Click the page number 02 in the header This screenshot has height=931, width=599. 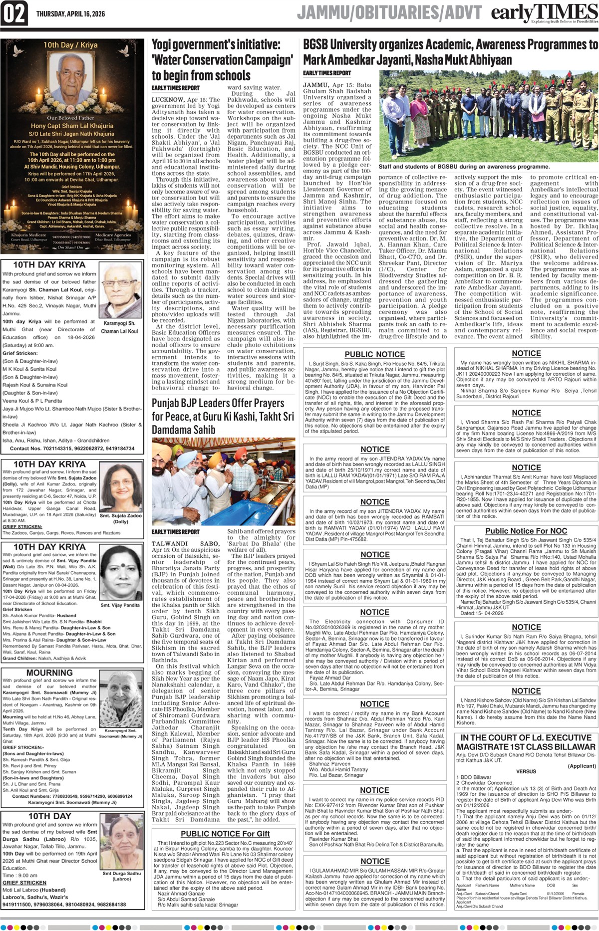pyautogui.click(x=14, y=13)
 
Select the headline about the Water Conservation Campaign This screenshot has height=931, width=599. pyautogui.click(x=222, y=60)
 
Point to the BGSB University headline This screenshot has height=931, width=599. pyautogui.click(x=450, y=52)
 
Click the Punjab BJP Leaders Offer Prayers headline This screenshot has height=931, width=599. pyautogui.click(x=223, y=416)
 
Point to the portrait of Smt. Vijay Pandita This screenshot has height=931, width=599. pyautogui.click(x=120, y=573)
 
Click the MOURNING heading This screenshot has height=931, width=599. pyautogui.click(x=49, y=673)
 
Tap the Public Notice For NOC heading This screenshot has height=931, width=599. pyautogui.click(x=526, y=531)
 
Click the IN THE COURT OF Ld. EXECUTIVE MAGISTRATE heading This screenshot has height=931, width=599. pyautogui.click(x=526, y=742)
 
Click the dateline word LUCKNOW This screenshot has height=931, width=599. pyautogui.click(x=168, y=100)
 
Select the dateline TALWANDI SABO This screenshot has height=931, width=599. pyautogui.click(x=185, y=544)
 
